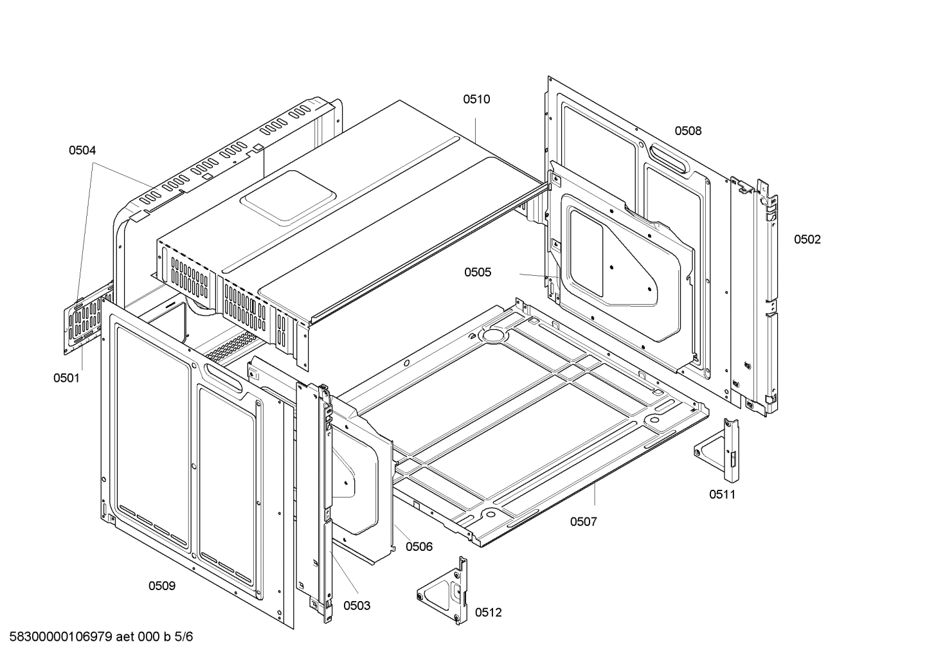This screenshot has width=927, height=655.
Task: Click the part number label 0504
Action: point(82,150)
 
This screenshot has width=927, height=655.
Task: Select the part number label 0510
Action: point(476,99)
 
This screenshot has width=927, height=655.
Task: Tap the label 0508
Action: point(688,131)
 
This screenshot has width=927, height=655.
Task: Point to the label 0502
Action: point(807,240)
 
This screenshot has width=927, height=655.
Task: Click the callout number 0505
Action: point(478,273)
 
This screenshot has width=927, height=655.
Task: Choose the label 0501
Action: point(67,378)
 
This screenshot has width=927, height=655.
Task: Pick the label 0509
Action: point(162,586)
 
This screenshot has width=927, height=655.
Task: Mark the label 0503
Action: point(357,606)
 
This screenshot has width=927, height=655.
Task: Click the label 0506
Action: point(419,547)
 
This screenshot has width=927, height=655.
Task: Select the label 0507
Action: point(583,521)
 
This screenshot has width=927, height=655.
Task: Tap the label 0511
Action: point(722,494)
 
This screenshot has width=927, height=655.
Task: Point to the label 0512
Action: point(488,613)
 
